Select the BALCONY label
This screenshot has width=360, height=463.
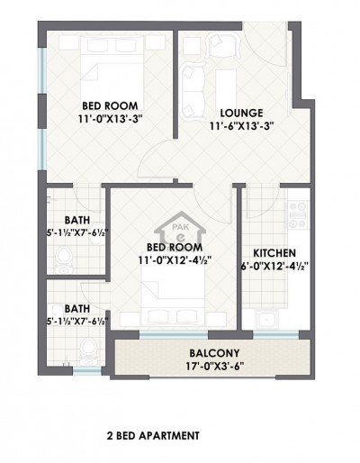click(x=212, y=352)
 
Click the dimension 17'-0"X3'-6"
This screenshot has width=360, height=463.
click(x=212, y=367)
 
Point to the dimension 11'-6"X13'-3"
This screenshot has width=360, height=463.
click(x=242, y=126)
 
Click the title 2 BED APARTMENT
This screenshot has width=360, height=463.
click(x=152, y=435)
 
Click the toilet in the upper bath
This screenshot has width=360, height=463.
click(x=62, y=260)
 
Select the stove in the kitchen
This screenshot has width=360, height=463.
click(x=296, y=214)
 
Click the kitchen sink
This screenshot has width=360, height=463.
click(x=266, y=319)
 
